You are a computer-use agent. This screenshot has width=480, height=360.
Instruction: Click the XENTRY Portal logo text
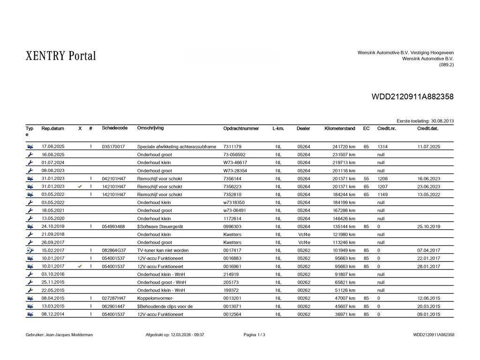[x=58, y=56]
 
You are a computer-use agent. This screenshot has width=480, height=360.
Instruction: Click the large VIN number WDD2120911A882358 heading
[x=412, y=97]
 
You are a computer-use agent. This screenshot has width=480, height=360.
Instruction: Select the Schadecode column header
[x=114, y=128]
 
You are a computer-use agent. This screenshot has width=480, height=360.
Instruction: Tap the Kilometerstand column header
[x=339, y=128]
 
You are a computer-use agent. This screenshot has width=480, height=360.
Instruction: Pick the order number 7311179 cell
[x=232, y=147]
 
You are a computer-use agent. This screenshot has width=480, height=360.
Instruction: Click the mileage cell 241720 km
[x=344, y=147]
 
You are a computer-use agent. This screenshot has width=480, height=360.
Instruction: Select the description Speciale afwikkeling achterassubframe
[x=176, y=147]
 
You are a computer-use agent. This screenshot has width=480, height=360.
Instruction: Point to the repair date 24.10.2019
[x=53, y=226]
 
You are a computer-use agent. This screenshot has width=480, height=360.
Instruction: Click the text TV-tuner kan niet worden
[x=163, y=250]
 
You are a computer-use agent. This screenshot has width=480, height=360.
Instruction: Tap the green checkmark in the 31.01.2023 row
[x=80, y=187]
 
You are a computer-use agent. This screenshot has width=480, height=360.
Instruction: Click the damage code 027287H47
[x=113, y=298]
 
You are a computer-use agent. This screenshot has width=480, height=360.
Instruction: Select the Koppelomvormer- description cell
[x=155, y=298]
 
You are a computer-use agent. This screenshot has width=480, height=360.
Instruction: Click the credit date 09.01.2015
[x=428, y=314]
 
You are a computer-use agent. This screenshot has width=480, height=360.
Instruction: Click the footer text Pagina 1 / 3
[x=254, y=335]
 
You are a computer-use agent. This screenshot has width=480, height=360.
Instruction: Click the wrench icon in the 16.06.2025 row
[x=30, y=155]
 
